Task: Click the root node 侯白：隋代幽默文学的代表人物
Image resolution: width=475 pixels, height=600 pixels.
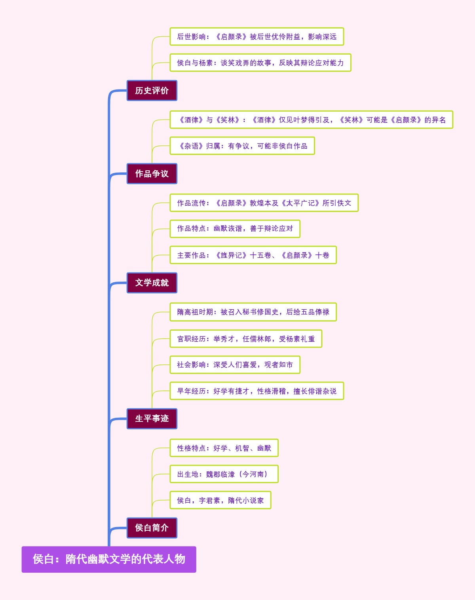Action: pos(109,559)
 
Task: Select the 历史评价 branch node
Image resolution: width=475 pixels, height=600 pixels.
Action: pos(152,91)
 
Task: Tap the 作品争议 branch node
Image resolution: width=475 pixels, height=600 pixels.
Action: pos(152,174)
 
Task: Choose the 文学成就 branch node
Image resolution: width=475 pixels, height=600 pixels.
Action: pos(152,283)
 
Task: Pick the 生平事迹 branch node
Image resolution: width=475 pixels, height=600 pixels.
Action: pos(152,419)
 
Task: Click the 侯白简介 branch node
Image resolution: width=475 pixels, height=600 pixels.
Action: pos(152,528)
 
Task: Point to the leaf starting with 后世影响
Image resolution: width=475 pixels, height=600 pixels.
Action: pos(256,37)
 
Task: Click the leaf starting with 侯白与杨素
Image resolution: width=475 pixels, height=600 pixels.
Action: pos(260,63)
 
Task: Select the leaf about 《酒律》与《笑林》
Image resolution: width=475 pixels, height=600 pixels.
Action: pos(311,120)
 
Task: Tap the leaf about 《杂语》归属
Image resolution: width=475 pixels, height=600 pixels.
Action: pos(242,146)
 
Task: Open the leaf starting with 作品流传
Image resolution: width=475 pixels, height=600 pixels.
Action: pos(264,203)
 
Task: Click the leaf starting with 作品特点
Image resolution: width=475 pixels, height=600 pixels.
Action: pos(235,229)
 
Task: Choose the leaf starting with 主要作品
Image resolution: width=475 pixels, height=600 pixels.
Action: pos(253,255)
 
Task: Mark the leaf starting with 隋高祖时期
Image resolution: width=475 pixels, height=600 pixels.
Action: pos(253,312)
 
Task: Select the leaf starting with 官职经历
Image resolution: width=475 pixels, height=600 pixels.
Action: pos(245,339)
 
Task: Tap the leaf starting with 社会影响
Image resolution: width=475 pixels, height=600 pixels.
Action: pos(235,365)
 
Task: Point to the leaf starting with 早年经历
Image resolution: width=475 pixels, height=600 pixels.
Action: pos(256,391)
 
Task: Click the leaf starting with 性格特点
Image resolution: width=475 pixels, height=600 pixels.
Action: pos(224,448)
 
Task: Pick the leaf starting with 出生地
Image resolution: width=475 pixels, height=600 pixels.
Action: pos(224,474)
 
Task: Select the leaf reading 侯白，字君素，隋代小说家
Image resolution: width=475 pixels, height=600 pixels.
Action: pos(220,501)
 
